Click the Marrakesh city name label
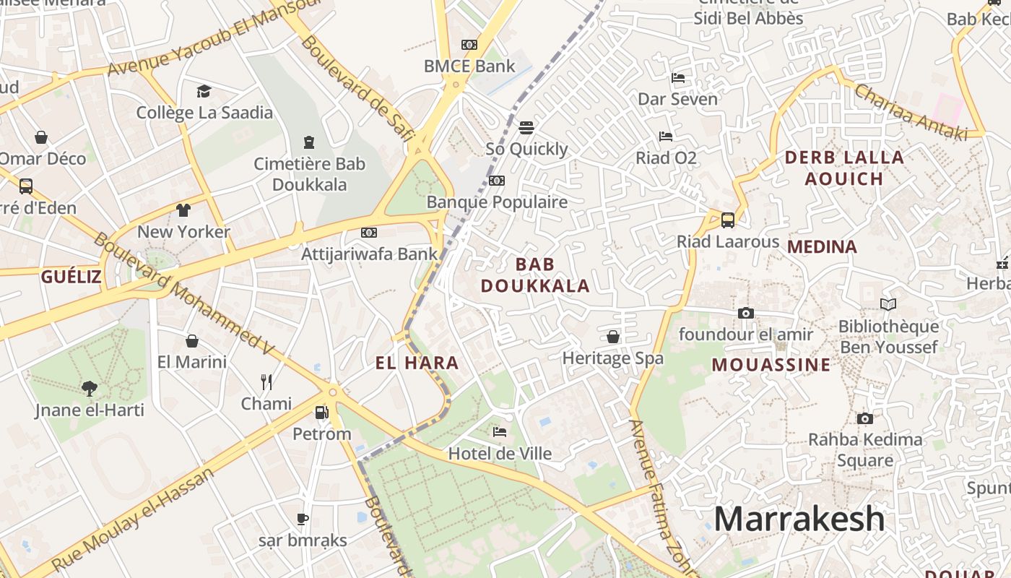[799, 519]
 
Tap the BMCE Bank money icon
[469, 45]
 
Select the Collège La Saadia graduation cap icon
[204, 91]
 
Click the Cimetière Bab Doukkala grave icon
[309, 142]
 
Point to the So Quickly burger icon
[526, 128]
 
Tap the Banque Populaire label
[497, 202]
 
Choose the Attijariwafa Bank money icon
[369, 233]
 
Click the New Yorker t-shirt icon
[183, 210]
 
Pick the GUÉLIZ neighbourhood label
[71, 276]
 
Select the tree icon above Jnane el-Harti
[90, 389]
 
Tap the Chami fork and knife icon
[266, 381]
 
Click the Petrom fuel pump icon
[321, 413]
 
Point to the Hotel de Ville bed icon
[499, 432]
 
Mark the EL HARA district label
[417, 363]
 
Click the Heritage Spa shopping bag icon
[612, 337]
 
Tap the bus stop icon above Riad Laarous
[728, 220]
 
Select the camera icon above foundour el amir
[746, 313]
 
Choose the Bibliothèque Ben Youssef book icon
[888, 305]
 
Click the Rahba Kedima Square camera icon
[864, 418]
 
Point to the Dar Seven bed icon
[677, 77]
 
